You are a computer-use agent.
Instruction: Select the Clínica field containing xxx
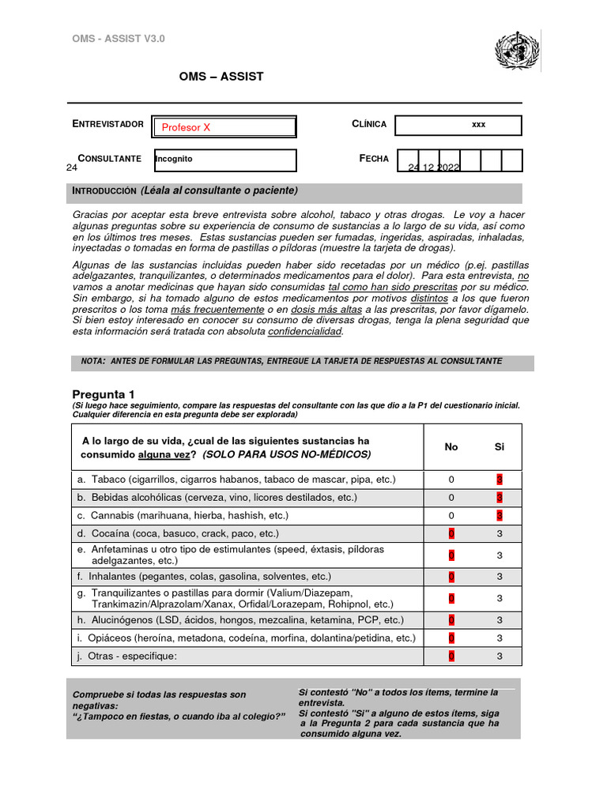click(x=458, y=126)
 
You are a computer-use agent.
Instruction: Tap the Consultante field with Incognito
click(x=224, y=160)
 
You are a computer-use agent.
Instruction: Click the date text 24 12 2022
click(x=433, y=167)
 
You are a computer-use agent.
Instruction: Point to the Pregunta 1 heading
click(x=104, y=394)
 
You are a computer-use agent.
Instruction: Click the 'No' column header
click(x=451, y=447)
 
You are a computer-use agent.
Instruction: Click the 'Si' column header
click(x=500, y=447)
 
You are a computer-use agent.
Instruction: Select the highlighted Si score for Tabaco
click(x=500, y=480)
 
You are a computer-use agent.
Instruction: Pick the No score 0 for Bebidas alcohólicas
click(x=451, y=498)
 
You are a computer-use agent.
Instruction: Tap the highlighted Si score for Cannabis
click(x=500, y=516)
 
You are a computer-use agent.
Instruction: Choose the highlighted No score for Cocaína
click(x=451, y=534)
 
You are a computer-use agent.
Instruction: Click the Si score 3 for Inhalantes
click(x=500, y=578)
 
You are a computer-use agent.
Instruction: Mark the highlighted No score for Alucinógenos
click(x=451, y=620)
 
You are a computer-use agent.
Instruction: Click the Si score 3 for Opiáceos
click(x=500, y=638)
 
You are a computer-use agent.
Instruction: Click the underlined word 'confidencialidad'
click(x=305, y=332)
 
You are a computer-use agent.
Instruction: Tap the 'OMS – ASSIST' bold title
click(x=221, y=77)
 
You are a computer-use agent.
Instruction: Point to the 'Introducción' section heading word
click(x=104, y=191)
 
